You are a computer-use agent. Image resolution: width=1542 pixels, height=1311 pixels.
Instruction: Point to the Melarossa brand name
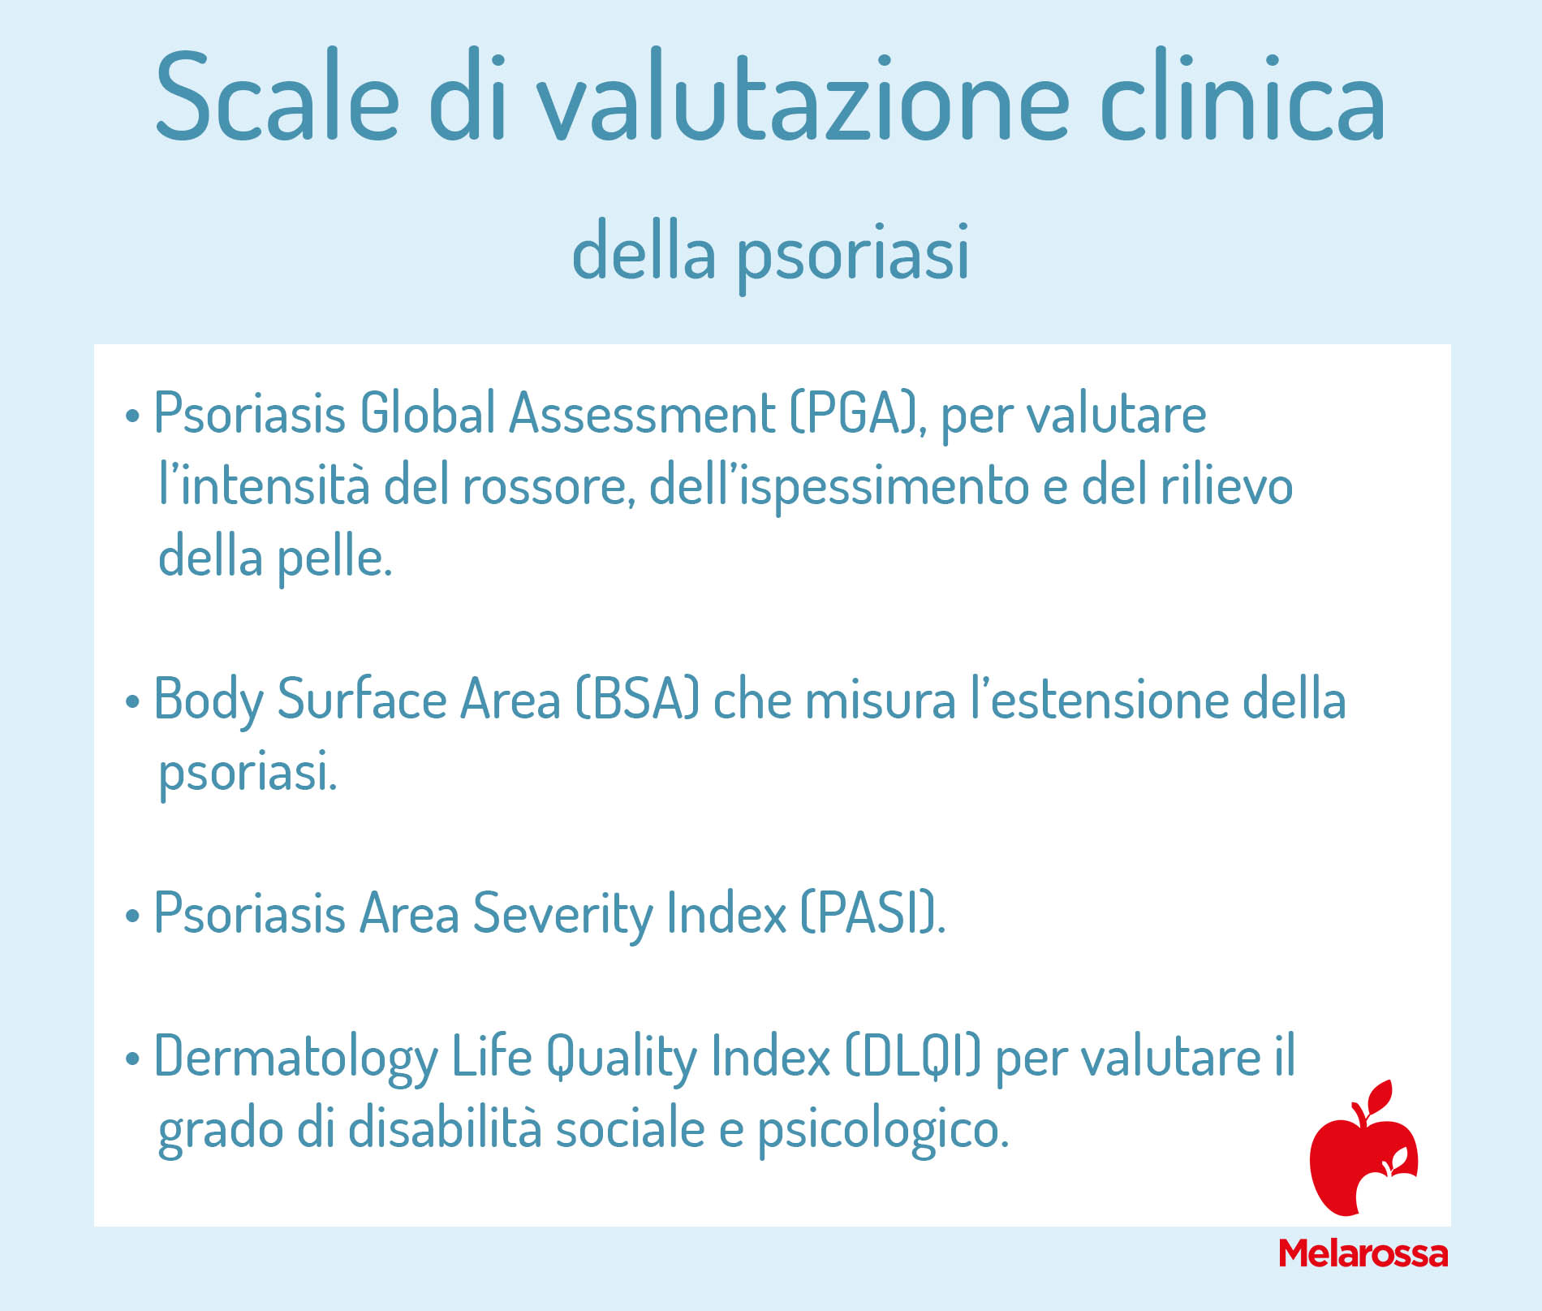coord(1363,1253)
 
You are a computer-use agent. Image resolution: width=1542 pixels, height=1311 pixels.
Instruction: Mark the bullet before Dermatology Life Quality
coord(132,1060)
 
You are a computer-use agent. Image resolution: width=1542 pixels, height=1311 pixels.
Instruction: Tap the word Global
coord(427,413)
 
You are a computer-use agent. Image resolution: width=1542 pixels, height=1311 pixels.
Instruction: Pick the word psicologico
coord(884,1129)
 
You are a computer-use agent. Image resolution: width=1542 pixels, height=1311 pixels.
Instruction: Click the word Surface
coord(362,699)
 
